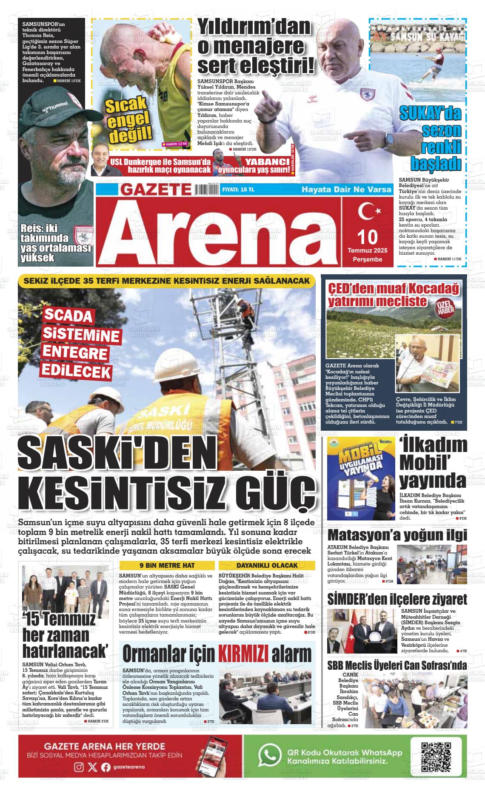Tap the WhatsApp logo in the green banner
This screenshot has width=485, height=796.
(270, 755)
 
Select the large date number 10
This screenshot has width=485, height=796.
(368, 237)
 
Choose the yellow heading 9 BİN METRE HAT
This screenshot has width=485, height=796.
(167, 565)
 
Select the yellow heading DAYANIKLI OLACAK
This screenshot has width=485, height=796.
(267, 565)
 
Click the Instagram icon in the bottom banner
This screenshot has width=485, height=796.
(79, 767)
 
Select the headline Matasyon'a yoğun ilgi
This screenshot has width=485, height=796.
(397, 534)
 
